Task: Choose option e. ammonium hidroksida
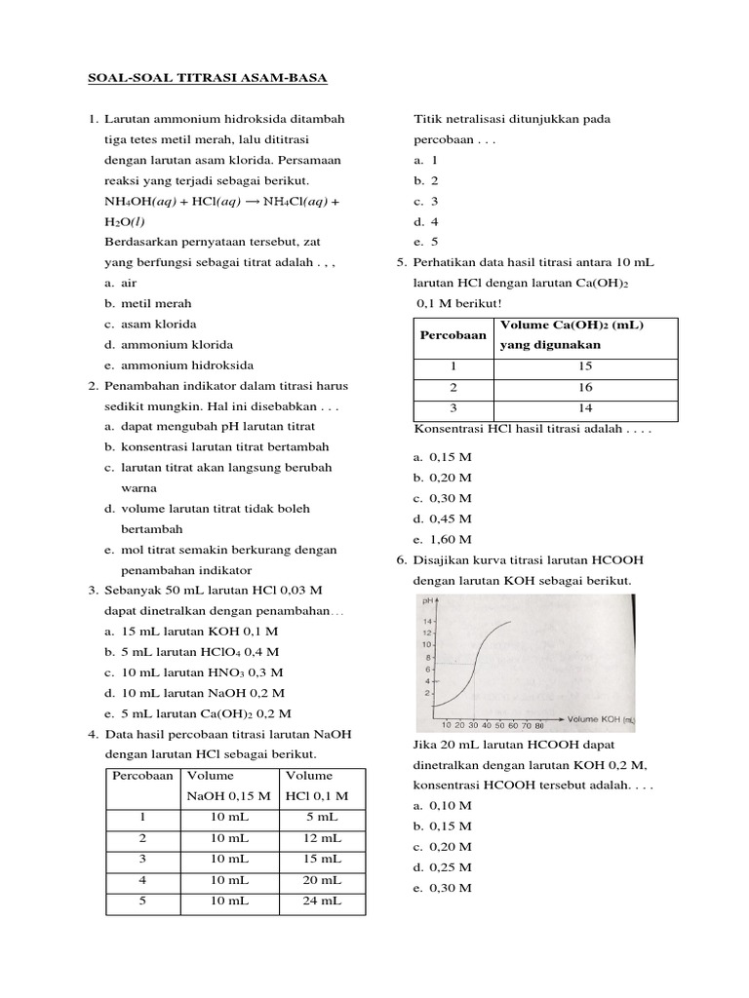coord(178,365)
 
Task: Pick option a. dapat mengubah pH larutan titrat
coord(210,427)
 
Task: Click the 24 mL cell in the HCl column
coord(322,902)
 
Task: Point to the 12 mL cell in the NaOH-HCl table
coord(322,838)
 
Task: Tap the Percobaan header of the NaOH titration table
coord(142,776)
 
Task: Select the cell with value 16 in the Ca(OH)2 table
coord(585,387)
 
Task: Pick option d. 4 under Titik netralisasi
coord(426,221)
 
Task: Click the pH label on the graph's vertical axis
coord(427,603)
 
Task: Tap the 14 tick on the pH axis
coord(426,621)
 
